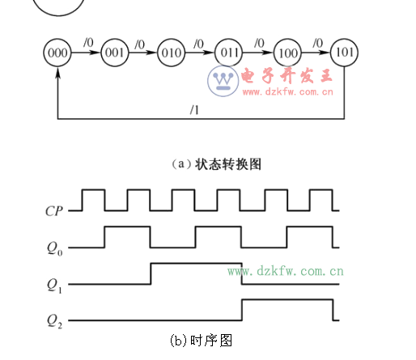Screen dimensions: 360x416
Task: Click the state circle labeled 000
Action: [x=57, y=53]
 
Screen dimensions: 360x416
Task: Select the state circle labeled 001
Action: [x=114, y=53]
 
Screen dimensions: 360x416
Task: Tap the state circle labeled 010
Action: [x=172, y=53]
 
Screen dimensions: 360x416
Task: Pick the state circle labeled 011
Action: [x=231, y=53]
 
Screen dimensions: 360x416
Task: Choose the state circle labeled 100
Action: [x=287, y=53]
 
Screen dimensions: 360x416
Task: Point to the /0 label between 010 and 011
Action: [x=199, y=42]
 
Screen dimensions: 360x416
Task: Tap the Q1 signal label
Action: [x=55, y=284]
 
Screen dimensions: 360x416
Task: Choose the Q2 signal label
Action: [x=55, y=320]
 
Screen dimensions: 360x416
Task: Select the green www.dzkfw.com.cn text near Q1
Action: [x=286, y=271]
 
